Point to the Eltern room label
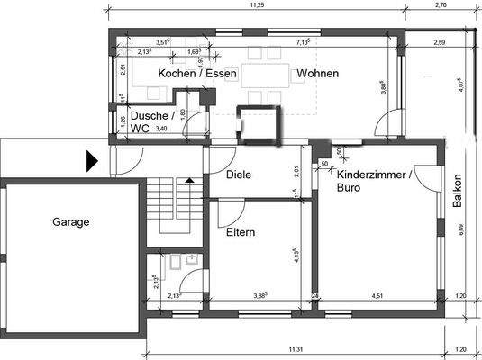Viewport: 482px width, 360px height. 241,232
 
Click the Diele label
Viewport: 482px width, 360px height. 238,175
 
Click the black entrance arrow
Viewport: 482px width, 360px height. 91,162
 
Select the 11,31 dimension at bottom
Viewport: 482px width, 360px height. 294,349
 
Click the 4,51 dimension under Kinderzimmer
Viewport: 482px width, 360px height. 378,294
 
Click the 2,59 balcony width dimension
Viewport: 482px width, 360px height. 441,42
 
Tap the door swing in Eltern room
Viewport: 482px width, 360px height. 230,212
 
